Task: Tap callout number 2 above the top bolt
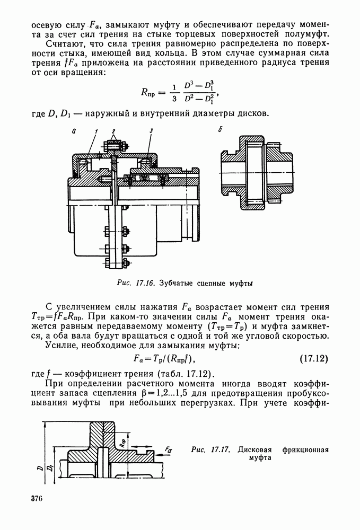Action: [113, 130]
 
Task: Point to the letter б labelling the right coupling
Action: [220, 130]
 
